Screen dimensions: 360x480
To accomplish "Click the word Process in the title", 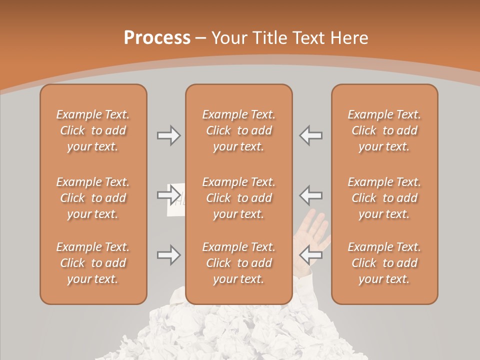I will (x=157, y=38).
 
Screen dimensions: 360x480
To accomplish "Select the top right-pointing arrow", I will (x=168, y=135).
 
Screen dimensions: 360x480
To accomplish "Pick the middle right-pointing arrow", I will (x=168, y=194).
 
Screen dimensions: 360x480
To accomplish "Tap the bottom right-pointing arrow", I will (x=168, y=255).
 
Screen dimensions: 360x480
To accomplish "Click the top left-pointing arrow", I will (x=310, y=135).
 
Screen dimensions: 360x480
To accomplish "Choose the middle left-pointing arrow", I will (x=310, y=194).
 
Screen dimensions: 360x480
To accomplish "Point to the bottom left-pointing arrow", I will (x=310, y=255).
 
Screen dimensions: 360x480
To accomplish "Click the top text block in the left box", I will (x=93, y=130).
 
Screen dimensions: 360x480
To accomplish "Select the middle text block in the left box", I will (x=93, y=198).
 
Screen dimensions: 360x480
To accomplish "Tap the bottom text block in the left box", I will (x=93, y=263).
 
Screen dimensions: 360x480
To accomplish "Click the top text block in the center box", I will (x=238, y=130).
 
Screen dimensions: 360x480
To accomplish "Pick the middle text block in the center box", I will (x=238, y=198).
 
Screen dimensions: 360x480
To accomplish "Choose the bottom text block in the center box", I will (x=238, y=263).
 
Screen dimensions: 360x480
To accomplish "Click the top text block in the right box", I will (x=384, y=130).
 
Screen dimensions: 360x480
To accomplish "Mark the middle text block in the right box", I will (x=384, y=198).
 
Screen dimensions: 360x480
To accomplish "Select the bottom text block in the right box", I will (x=384, y=263).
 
